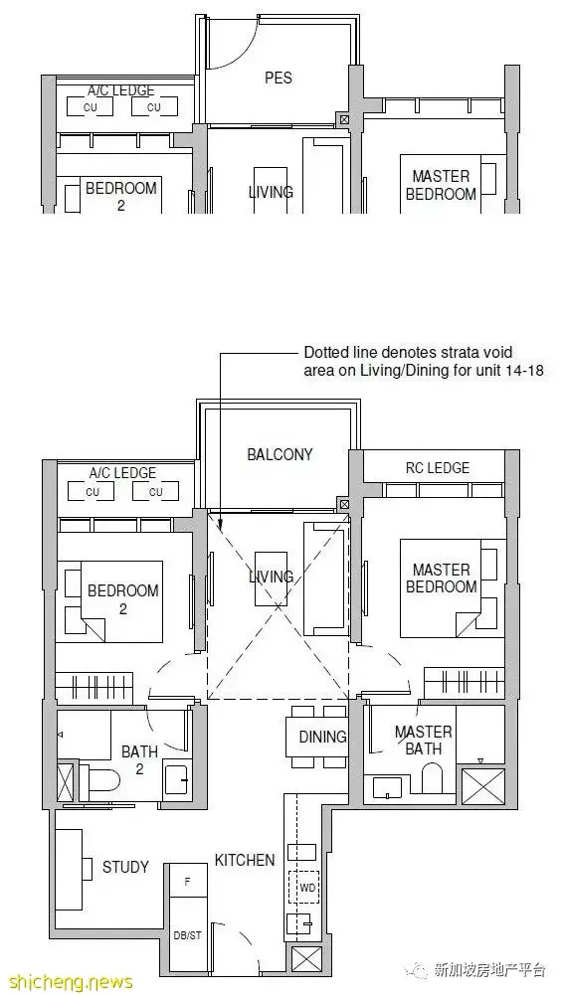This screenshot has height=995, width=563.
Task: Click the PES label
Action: coord(278,78)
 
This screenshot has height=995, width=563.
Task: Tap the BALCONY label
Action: coord(280,454)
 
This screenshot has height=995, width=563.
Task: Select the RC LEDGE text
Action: coord(438,467)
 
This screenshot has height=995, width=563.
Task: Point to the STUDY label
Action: coord(125,867)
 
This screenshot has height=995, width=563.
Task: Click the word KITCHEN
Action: coord(245,860)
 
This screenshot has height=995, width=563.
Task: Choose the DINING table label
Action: coord(323,737)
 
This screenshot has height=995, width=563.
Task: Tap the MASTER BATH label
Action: coord(424,741)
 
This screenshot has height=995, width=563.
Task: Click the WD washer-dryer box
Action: coord(307,887)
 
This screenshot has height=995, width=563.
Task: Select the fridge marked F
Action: coord(188,881)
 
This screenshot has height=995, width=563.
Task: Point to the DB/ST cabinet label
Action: coord(188,935)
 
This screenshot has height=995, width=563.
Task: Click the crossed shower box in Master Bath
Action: coord(483,787)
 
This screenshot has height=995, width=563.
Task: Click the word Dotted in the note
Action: coord(323,352)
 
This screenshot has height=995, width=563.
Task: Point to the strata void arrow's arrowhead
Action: coord(220,526)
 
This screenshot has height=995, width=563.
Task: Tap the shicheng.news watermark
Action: coord(67,982)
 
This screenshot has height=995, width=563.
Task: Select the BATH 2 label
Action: coord(139,760)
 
